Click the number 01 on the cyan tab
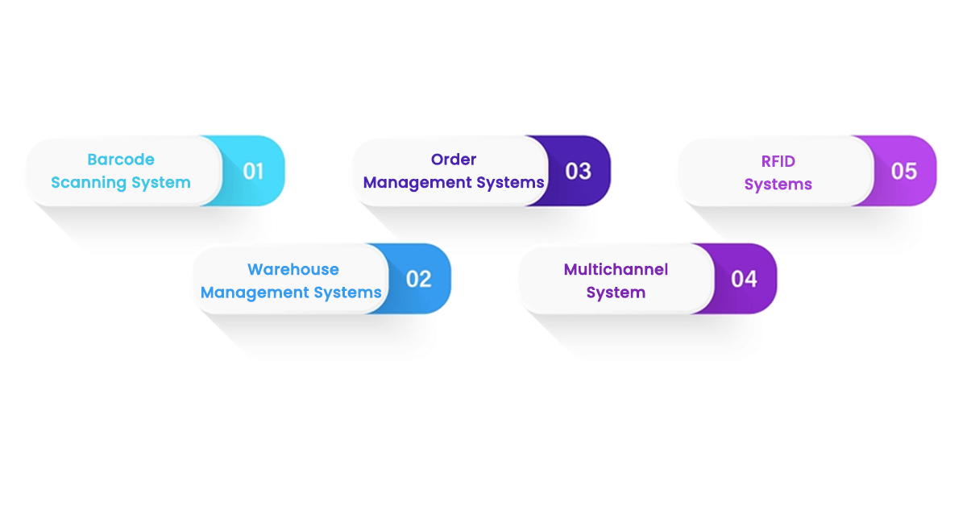tap(253, 171)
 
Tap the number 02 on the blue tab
tap(418, 279)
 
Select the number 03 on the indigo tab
tap(578, 171)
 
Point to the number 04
tap(744, 279)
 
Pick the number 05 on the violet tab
tap(903, 171)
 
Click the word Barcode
tap(121, 160)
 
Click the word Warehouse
tap(293, 269)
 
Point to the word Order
tap(454, 160)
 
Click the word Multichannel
tap(616, 269)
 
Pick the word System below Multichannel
tap(616, 292)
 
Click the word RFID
tap(778, 161)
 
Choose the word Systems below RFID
tap(778, 185)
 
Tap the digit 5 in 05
tap(911, 171)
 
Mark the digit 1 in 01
tap(260, 171)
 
